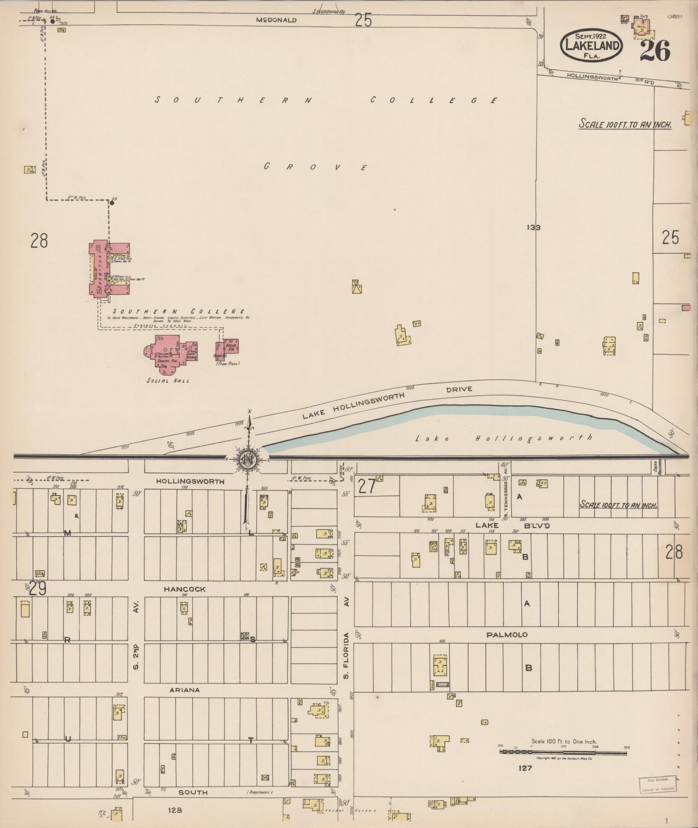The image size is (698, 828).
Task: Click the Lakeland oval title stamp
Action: coord(591,45)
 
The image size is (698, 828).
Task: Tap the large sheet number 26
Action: coord(655,51)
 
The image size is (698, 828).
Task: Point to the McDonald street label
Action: coord(276,20)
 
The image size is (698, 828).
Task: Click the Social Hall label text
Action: coord(168,381)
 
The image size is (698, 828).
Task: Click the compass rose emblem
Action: coord(248,459)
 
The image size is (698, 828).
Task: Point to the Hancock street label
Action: coord(185,589)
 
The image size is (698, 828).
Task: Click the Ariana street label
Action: coord(185,690)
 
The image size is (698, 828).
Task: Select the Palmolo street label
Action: coord(507,634)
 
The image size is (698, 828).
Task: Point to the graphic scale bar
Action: coord(563,752)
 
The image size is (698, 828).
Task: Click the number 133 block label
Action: coord(534,227)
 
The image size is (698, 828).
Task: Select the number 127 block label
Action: coord(525,768)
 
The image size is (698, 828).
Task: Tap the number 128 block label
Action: coord(175,810)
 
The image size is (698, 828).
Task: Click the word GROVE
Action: coord(315,167)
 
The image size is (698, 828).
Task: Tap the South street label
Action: coord(193,792)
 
